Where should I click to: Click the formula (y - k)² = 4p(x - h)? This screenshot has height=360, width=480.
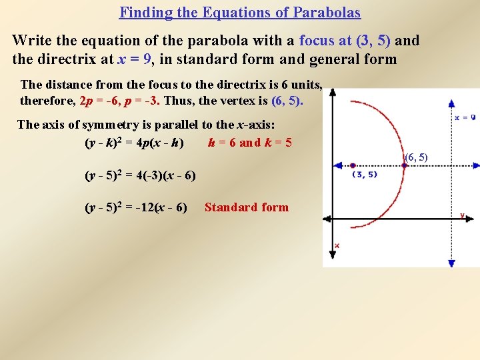click(x=134, y=143)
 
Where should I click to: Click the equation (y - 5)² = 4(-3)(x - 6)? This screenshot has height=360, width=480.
click(x=140, y=176)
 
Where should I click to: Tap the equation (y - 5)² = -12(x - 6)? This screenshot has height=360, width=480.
click(x=136, y=207)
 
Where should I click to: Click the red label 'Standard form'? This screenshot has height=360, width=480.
click(x=247, y=207)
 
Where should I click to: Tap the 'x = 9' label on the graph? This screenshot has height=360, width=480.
click(x=465, y=117)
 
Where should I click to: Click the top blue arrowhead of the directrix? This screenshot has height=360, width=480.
click(x=452, y=104)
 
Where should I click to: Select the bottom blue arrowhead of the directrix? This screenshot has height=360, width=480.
click(x=451, y=263)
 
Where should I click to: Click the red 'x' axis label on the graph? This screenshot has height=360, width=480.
click(x=337, y=246)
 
